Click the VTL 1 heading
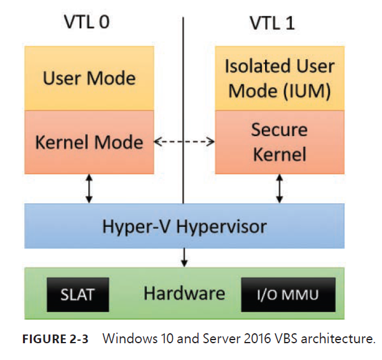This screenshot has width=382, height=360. coord(272,23)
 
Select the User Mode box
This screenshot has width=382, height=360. coord(89,78)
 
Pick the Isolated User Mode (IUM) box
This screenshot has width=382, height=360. coord(279,78)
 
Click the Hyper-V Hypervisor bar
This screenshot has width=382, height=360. coord(184,226)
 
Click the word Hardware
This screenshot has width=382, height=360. coord(184,293)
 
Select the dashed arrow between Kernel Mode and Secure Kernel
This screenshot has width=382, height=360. coord(184,142)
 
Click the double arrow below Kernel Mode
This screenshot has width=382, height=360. coord(89,188)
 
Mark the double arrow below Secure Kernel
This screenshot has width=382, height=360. coord(279,188)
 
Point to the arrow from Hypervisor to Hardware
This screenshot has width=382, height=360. coord(184,256)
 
